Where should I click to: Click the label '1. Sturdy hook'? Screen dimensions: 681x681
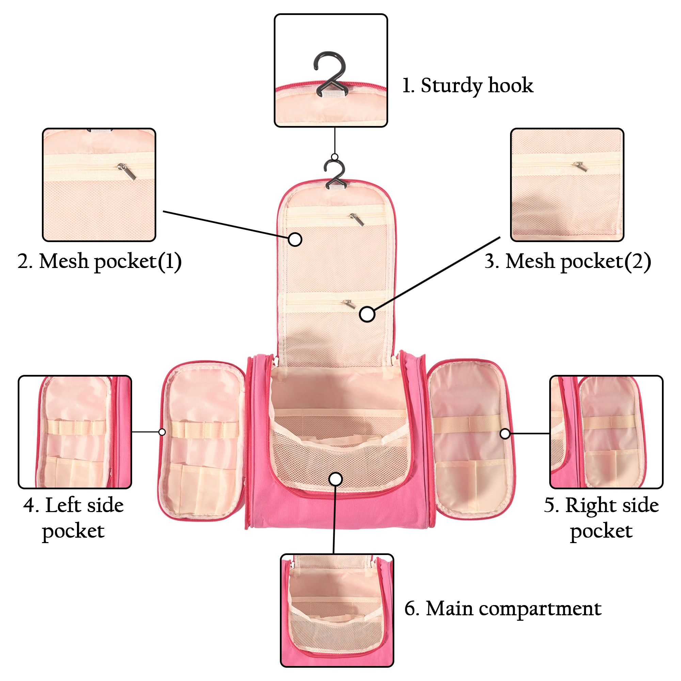(468, 86)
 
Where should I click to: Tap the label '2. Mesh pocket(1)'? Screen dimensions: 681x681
(99, 262)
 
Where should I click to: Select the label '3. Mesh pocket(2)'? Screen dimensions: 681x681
(567, 262)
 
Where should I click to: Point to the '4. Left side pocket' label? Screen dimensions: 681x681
(74, 518)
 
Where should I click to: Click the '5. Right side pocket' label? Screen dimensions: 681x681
(601, 518)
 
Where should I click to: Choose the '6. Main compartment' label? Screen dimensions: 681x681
(503, 609)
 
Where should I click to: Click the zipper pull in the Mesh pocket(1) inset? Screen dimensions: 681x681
(127, 171)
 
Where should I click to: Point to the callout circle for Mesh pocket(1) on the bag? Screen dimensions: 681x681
(295, 239)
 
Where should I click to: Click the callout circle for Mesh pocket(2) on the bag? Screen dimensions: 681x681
(367, 314)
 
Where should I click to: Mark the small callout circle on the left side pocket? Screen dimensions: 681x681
(162, 432)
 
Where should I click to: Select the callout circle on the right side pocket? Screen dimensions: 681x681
(505, 433)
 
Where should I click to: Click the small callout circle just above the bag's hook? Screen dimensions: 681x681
(334, 157)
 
